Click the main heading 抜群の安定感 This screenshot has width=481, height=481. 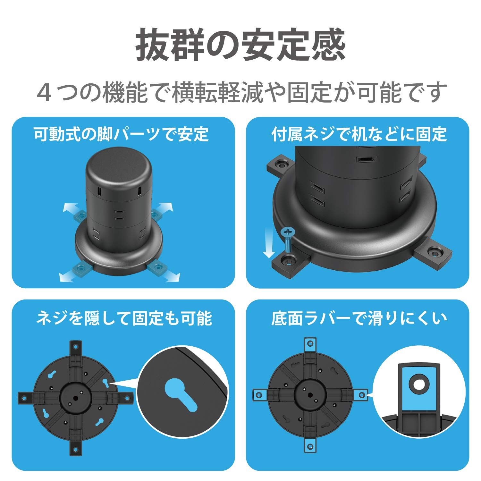[x=240, y=45]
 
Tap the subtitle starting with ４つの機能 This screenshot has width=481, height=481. [x=240, y=92]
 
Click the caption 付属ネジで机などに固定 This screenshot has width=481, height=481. [x=359, y=134]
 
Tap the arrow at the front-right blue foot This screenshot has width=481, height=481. [x=172, y=276]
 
